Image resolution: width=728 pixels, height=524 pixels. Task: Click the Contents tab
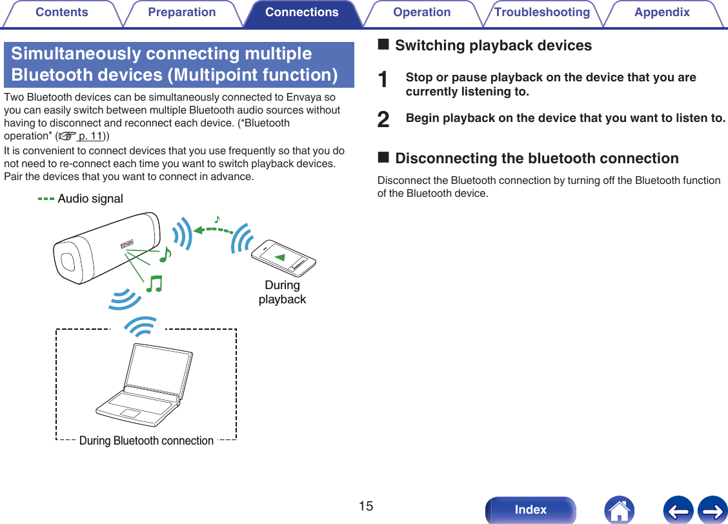62,12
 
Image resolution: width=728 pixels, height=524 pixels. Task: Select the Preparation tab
182,12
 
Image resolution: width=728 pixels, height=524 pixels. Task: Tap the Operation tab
422,12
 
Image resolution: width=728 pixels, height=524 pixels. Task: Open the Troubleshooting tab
542,12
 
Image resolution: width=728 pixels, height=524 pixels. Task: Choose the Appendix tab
662,12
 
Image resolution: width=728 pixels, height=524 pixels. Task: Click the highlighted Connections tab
302,12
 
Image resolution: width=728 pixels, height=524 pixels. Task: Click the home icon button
619,510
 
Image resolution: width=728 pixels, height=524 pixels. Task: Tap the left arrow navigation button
678,510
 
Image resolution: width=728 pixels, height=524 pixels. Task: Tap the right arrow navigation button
713,510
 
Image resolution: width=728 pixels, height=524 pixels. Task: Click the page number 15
366,506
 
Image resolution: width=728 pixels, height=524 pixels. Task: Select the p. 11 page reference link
92,136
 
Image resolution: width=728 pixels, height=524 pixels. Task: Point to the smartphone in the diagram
284,258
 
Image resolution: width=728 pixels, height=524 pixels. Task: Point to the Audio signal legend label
90,199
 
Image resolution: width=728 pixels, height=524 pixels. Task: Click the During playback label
282,292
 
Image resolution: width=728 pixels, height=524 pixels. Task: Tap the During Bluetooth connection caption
147,441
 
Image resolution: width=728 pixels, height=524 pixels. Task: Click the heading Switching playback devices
493,45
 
